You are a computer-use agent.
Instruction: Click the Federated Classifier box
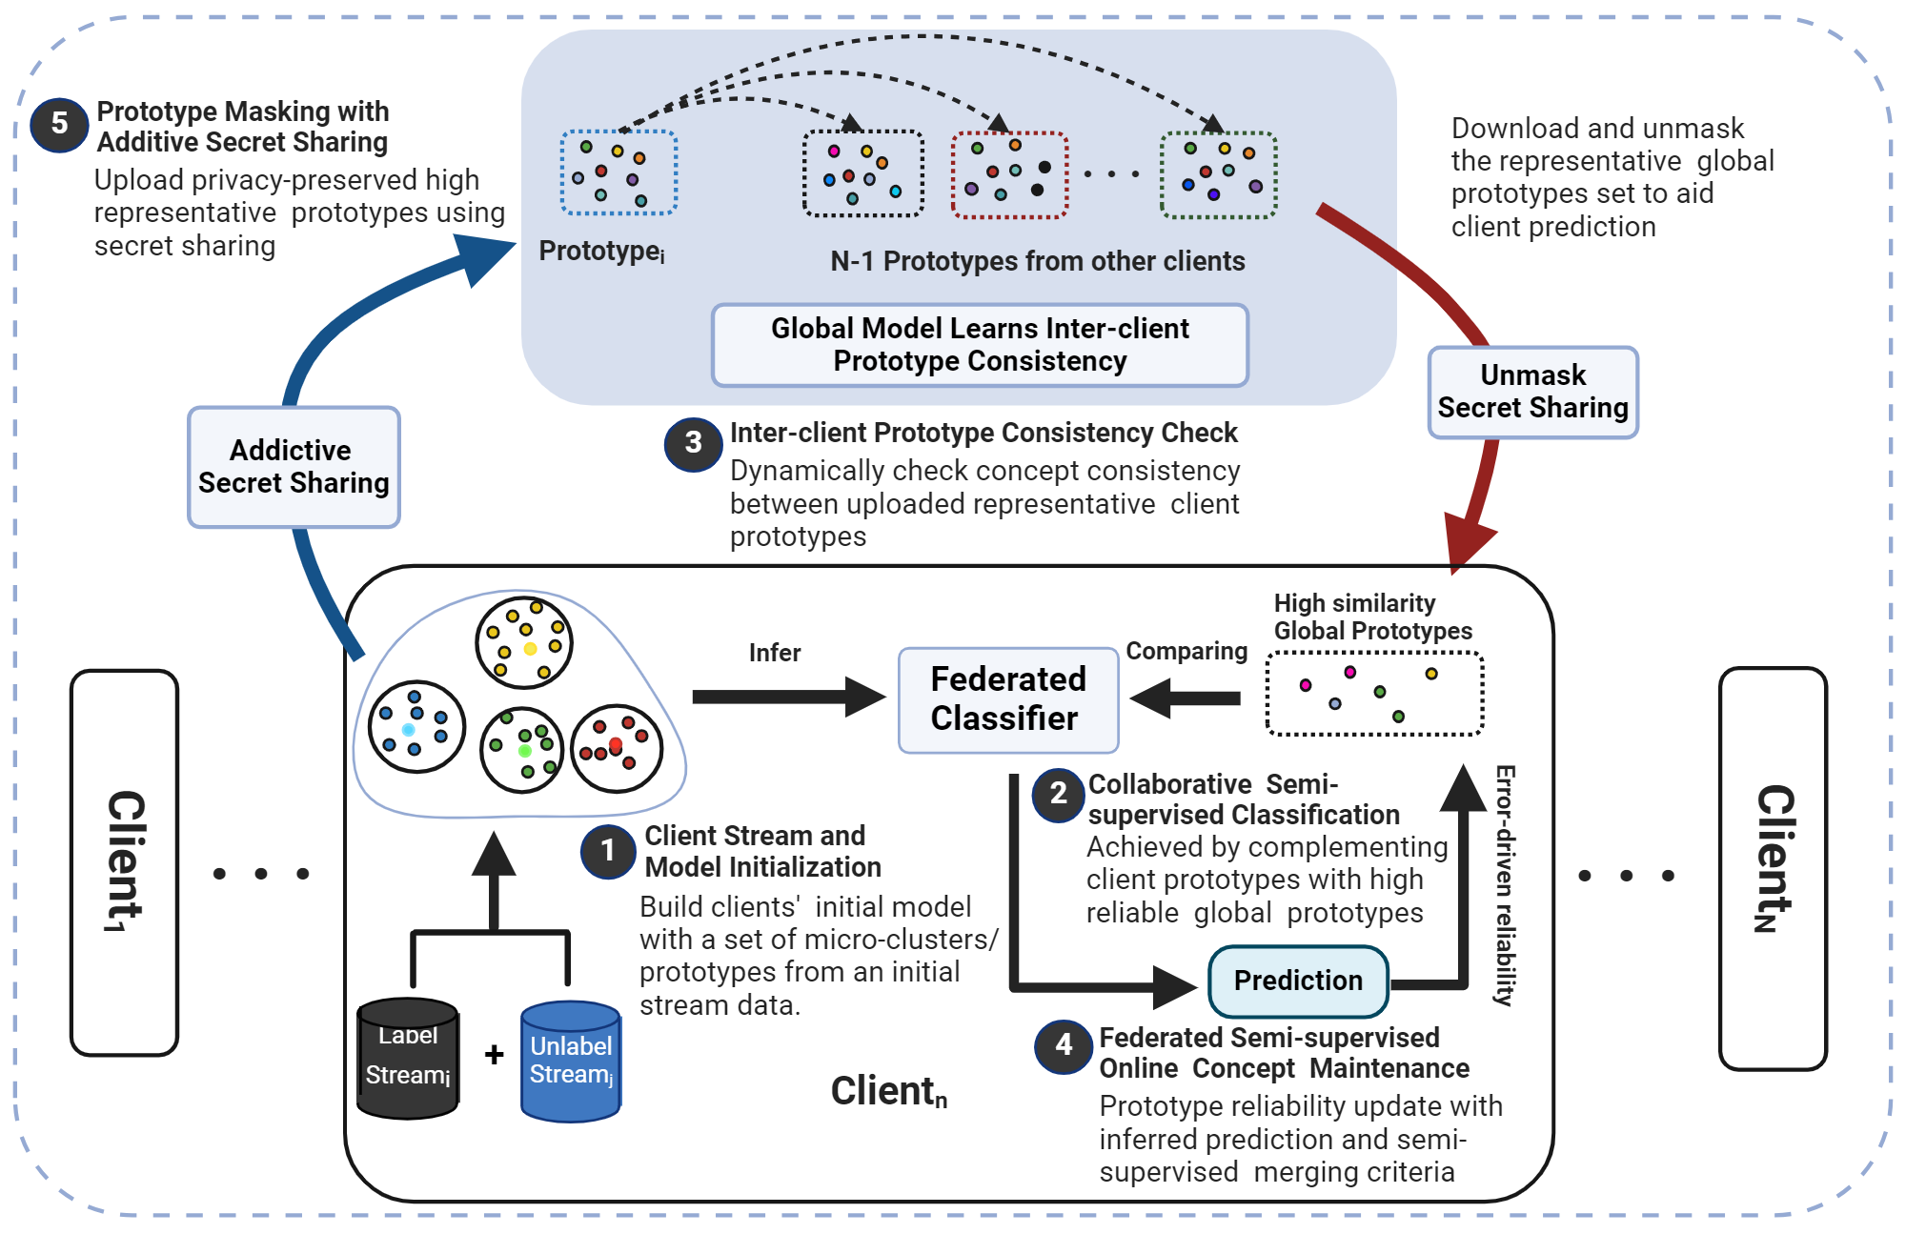[x=1007, y=699]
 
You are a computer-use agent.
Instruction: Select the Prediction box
[x=1298, y=981]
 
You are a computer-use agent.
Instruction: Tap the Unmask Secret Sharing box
[x=1532, y=392]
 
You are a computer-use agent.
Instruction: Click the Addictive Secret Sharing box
[x=294, y=467]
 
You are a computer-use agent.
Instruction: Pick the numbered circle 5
[x=59, y=124]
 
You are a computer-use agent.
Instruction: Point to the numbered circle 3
[x=693, y=443]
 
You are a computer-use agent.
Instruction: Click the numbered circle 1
[x=608, y=851]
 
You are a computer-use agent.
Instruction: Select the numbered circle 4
[x=1063, y=1046]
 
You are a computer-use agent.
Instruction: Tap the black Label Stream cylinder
[x=408, y=1058]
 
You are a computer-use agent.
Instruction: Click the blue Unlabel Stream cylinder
[x=571, y=1061]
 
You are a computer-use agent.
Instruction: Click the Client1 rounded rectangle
[x=125, y=862]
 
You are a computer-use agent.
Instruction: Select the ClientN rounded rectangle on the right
[x=1773, y=867]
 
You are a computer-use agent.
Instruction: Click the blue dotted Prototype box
[x=618, y=172]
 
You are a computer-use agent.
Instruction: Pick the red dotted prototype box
[x=1009, y=174]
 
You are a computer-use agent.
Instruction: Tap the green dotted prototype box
[x=1218, y=174]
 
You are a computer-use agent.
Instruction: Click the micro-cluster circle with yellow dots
[x=524, y=642]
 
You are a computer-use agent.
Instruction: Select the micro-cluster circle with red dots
[x=617, y=749]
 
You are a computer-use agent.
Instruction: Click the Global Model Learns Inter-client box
[x=980, y=345]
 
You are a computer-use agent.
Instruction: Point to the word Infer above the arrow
[x=774, y=653]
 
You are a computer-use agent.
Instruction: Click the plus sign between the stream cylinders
[x=494, y=1054]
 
